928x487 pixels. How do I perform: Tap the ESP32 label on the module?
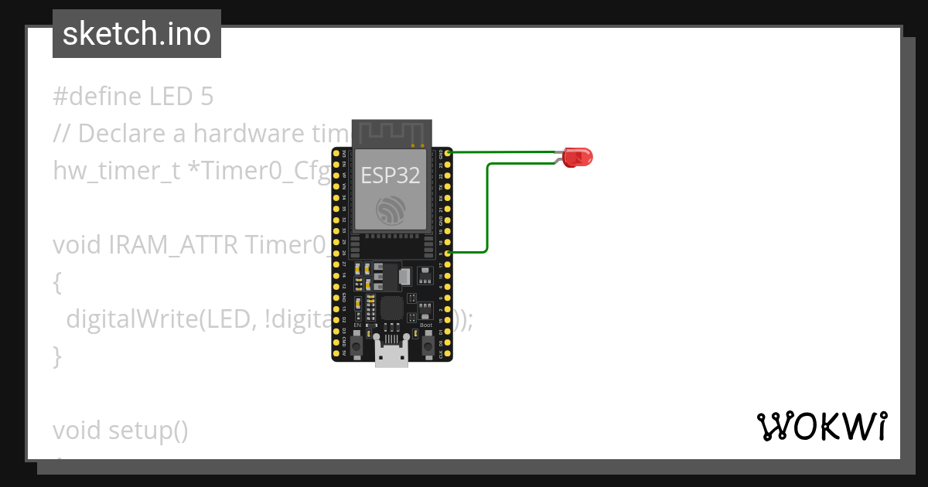[391, 175]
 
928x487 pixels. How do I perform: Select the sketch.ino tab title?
[137, 34]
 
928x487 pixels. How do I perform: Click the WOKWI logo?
[822, 426]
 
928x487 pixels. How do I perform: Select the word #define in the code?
[96, 97]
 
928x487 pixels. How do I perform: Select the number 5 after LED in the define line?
[206, 97]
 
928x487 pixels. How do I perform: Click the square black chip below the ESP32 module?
[392, 308]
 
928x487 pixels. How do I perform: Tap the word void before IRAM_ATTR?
[77, 245]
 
